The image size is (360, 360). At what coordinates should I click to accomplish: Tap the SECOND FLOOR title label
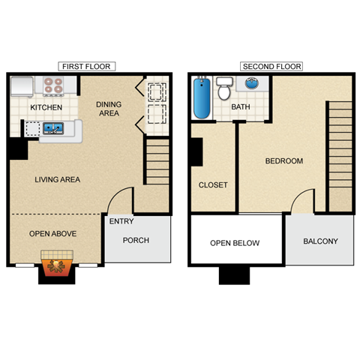[x=271, y=67]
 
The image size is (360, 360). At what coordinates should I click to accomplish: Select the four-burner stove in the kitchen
[x=52, y=86]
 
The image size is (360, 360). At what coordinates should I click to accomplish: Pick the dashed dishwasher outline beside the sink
[x=31, y=128]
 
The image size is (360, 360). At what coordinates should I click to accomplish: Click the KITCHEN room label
[x=46, y=107]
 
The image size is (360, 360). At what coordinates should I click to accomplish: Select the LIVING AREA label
[x=57, y=180]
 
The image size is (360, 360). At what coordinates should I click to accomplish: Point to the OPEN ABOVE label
[x=52, y=234]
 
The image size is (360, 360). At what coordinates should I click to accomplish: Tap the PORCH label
[x=136, y=241]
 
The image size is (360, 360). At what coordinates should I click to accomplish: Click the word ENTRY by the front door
[x=121, y=222]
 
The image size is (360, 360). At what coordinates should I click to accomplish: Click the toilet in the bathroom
[x=223, y=89]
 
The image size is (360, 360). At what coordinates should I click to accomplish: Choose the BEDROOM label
[x=284, y=161]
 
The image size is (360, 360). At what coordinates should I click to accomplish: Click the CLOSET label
[x=213, y=185]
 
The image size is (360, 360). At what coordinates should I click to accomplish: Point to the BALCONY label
[x=320, y=241]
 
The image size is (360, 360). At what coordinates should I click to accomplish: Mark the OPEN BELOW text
[x=235, y=243]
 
